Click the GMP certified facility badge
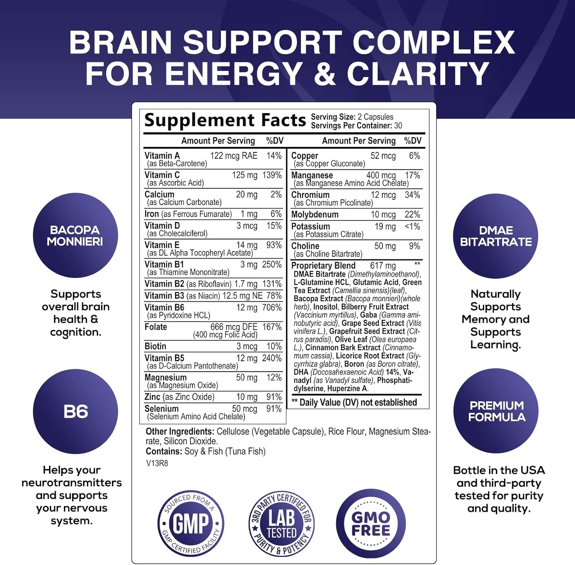pyautogui.click(x=191, y=523)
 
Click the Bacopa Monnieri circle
pyautogui.click(x=75, y=235)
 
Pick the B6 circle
pyautogui.click(x=76, y=412)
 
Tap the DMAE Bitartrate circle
pyautogui.click(x=496, y=236)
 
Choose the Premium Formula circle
pyautogui.click(x=496, y=411)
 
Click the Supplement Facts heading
pyautogui.click(x=225, y=120)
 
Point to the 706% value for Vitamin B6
pyautogui.click(x=272, y=307)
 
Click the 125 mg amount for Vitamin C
pyautogui.click(x=245, y=175)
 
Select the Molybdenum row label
pyautogui.click(x=315, y=215)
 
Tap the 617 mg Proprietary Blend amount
pyautogui.click(x=383, y=266)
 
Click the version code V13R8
pyautogui.click(x=157, y=463)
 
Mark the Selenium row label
pyautogui.click(x=161, y=409)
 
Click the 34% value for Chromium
pyautogui.click(x=412, y=195)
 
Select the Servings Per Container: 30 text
pyautogui.click(x=356, y=126)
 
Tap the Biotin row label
pyautogui.click(x=155, y=346)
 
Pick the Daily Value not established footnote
pyautogui.click(x=354, y=402)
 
